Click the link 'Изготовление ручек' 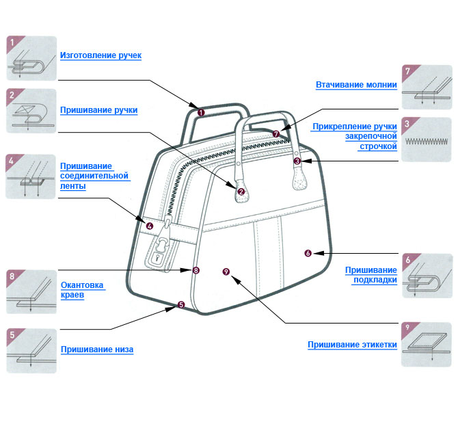pyautogui.click(x=100, y=55)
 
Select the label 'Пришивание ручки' pyautogui.click(x=98, y=109)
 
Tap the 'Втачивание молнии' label pyautogui.click(x=355, y=85)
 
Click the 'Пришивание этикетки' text pyautogui.click(x=352, y=345)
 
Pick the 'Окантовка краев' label pyautogui.click(x=81, y=290)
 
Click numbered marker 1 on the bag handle pyautogui.click(x=200, y=111)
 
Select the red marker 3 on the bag pyautogui.click(x=297, y=161)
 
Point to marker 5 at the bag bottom pyautogui.click(x=180, y=305)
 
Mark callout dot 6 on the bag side pyautogui.click(x=308, y=254)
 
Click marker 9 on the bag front pyautogui.click(x=226, y=272)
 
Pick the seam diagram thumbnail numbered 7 pyautogui.click(x=427, y=87)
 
